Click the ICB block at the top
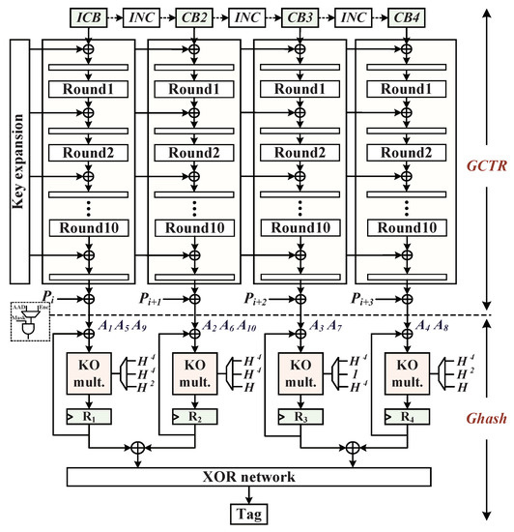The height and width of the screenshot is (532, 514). point(88,17)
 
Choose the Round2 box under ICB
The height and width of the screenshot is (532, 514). point(88,153)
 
